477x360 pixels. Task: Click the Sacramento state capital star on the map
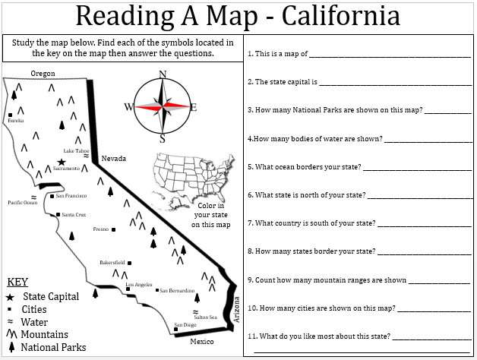pos(61,161)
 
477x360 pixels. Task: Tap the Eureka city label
pos(16,120)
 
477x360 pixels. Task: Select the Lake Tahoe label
pos(76,150)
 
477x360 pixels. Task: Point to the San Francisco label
pos(72,196)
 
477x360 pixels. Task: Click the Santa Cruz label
pos(74,215)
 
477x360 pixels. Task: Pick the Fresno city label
pos(100,229)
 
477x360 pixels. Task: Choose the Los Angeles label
pos(138,285)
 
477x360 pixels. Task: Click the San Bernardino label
pos(177,290)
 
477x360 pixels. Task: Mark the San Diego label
pos(185,325)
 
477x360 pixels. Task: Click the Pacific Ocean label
pos(22,203)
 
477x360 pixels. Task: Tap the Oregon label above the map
pos(42,73)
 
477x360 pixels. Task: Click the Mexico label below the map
pos(202,341)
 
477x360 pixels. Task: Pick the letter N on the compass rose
pos(162,74)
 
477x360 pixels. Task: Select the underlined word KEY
pos(17,281)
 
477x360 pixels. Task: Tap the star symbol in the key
pos(10,296)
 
